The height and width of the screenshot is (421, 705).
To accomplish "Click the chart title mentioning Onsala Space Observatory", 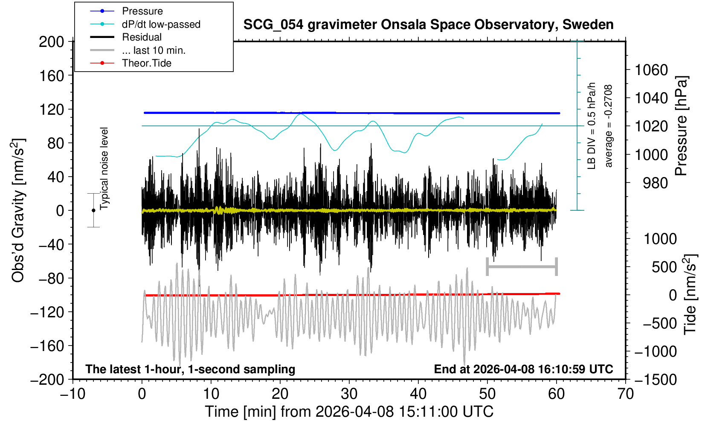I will click(x=428, y=25).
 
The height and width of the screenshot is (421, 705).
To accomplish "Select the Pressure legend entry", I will click(x=142, y=11).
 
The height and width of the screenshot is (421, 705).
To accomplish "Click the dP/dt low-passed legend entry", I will click(x=161, y=24).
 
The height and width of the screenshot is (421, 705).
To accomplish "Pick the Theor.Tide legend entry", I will click(x=146, y=63).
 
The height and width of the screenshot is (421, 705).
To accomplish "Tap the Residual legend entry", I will click(x=142, y=37).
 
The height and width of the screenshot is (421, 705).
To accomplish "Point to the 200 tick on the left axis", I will click(x=51, y=42).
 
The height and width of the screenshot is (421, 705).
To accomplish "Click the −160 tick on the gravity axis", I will click(x=47, y=346).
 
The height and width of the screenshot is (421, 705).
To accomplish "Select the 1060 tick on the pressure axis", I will click(x=651, y=70).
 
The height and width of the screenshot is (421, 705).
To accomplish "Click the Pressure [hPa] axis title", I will click(x=682, y=126).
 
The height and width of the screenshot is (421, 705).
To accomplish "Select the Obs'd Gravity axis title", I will click(x=18, y=210).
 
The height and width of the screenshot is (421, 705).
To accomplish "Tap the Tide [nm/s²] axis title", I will click(x=690, y=294).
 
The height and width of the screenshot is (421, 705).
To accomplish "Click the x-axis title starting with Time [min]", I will click(x=349, y=412).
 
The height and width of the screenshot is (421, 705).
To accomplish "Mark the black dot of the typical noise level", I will click(x=93, y=210).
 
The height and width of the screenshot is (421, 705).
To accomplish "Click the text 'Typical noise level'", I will click(x=104, y=168).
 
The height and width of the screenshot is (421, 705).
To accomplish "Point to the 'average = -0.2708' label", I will click(x=609, y=126).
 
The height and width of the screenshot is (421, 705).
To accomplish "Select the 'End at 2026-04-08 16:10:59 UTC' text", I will click(x=523, y=369).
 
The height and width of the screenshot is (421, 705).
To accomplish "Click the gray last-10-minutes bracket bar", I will click(x=522, y=267).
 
